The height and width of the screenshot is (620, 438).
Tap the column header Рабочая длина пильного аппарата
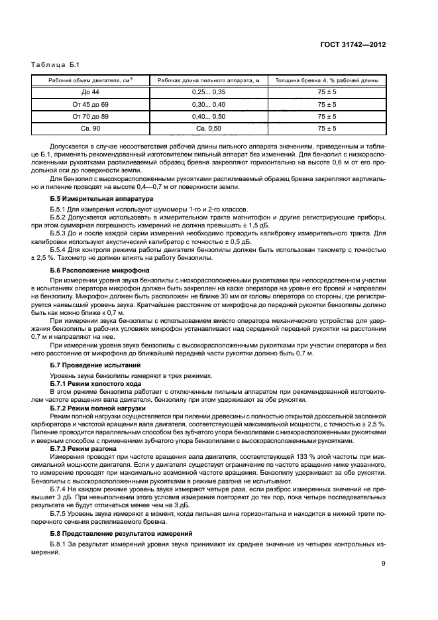pyautogui.click(x=209, y=80)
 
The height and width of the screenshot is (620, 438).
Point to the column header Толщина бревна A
pyautogui.click(x=327, y=80)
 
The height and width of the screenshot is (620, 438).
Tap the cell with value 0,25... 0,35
pyautogui.click(x=209, y=93)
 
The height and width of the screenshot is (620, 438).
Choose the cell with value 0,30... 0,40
pyautogui.click(x=209, y=105)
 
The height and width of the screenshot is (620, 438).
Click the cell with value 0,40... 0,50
pyautogui.click(x=209, y=117)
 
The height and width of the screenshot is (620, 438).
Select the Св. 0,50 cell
pyautogui.click(x=209, y=129)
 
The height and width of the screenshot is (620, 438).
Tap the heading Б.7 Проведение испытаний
pyautogui.click(x=95, y=365)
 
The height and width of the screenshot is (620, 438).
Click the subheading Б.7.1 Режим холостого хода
pyautogui.click(x=98, y=384)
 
